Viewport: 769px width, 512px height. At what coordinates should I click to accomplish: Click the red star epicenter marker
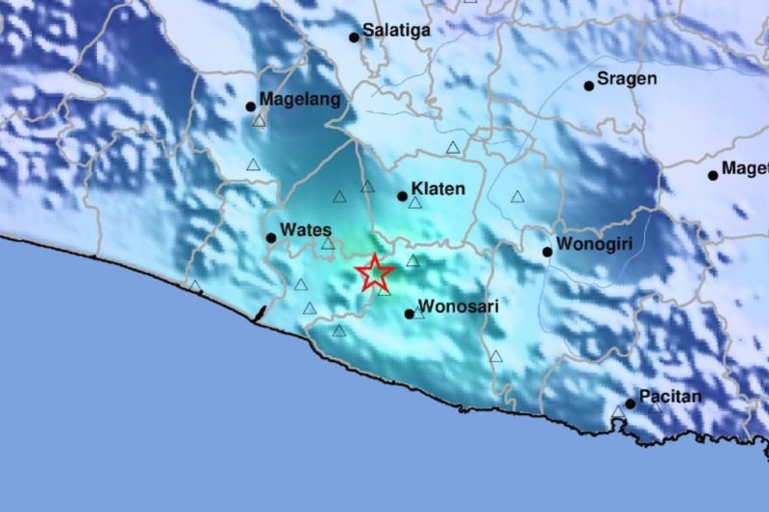374,273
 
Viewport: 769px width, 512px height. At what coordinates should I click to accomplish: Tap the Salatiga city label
396,31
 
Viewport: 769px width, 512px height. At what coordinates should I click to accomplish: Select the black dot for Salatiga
354,37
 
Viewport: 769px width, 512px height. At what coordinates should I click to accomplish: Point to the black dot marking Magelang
251,107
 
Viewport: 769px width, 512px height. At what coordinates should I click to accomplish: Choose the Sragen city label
627,79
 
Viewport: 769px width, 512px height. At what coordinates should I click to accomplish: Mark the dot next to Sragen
589,85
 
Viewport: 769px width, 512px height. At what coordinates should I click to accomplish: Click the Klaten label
437,189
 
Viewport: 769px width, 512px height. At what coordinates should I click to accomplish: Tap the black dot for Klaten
403,196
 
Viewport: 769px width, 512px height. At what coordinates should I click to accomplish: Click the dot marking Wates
271,237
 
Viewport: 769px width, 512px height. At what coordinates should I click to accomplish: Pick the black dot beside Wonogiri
547,252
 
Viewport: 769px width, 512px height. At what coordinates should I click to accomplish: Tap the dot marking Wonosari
409,313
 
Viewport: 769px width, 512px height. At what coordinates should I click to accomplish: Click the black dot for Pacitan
631,402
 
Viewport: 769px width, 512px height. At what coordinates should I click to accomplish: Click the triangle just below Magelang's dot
259,121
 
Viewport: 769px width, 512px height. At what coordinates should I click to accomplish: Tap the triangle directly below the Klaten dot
415,203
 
